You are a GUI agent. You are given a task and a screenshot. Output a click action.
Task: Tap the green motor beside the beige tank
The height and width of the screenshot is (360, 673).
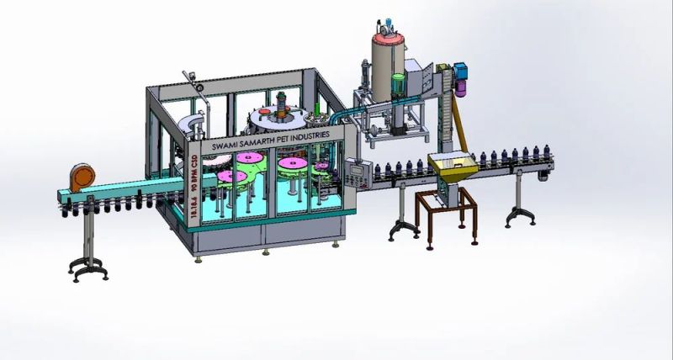coord(396,85)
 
